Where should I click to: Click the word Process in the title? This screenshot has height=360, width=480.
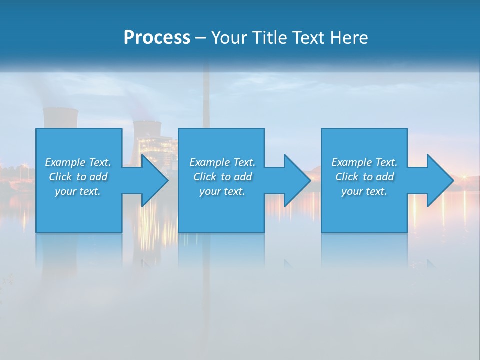tap(157, 38)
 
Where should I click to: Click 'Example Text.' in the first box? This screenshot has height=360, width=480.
tap(78, 162)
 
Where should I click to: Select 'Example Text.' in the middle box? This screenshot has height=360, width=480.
tap(222, 162)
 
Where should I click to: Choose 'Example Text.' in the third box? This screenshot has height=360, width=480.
tap(364, 162)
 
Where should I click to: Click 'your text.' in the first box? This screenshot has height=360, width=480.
tap(78, 191)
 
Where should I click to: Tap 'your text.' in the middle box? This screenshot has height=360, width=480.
tap(222, 191)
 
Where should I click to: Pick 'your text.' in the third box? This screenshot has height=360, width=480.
tap(364, 191)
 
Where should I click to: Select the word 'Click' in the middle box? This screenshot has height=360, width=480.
tap(204, 177)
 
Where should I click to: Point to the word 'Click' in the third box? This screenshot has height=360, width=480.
tap(346, 177)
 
